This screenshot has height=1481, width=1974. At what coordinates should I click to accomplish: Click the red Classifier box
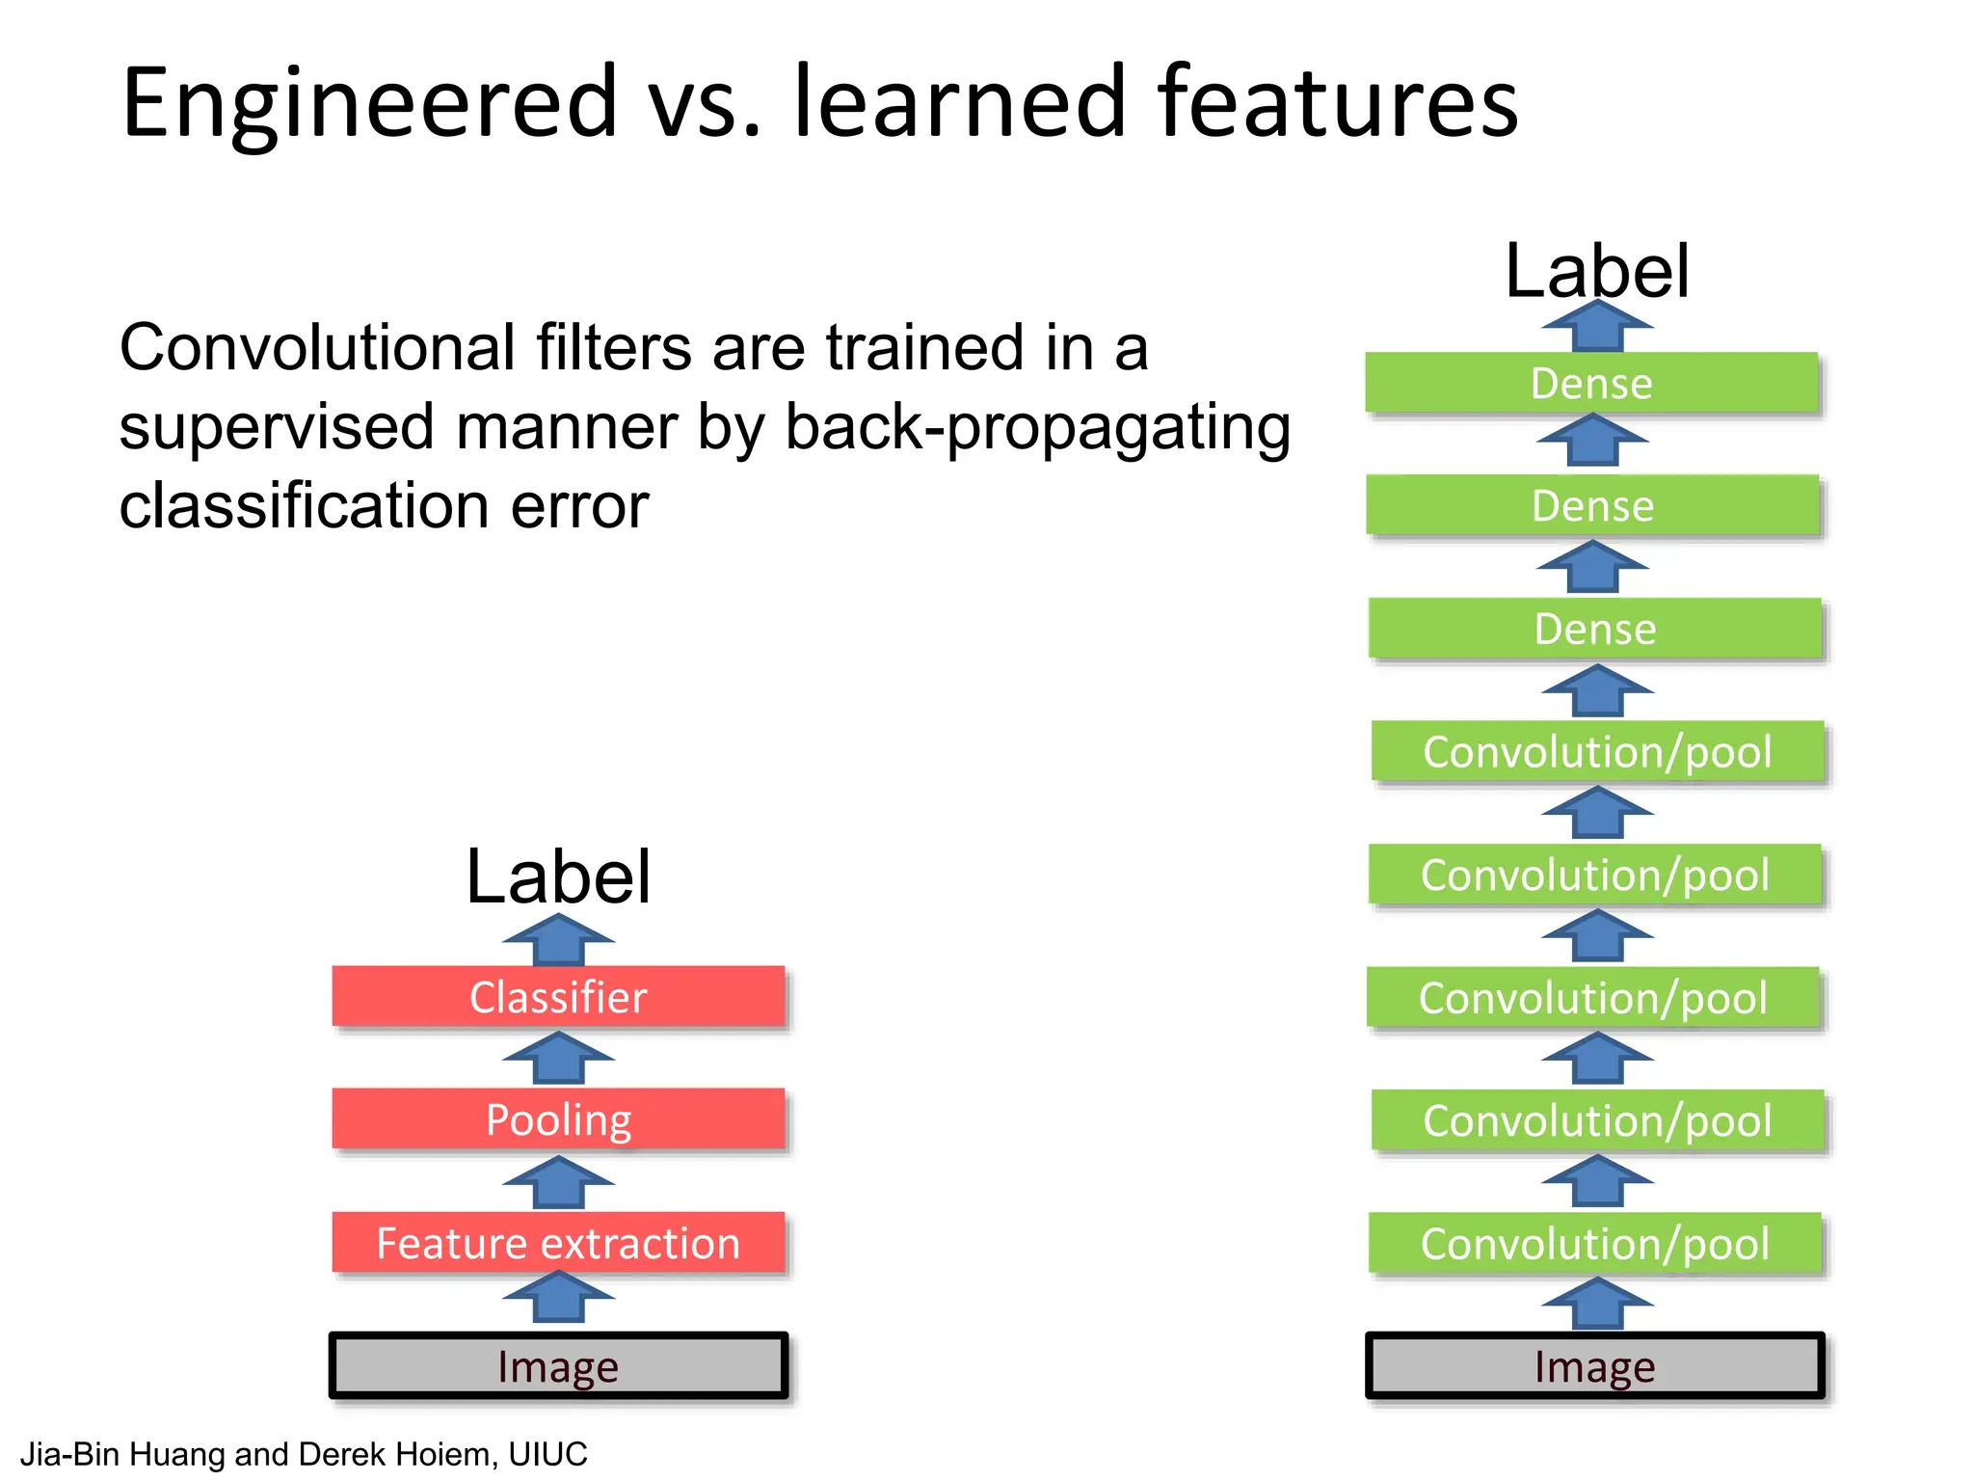click(558, 996)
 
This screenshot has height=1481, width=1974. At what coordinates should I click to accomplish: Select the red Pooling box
click(558, 1118)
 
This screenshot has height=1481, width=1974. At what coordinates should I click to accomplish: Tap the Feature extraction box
click(558, 1242)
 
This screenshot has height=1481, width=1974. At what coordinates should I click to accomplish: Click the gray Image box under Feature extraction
click(558, 1365)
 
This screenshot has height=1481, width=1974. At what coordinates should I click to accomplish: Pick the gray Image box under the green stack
click(1595, 1365)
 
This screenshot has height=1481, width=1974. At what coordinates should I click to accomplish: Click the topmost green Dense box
click(1591, 383)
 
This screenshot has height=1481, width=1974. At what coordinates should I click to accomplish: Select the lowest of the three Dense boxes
click(1595, 629)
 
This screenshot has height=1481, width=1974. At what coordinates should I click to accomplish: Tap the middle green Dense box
click(1592, 505)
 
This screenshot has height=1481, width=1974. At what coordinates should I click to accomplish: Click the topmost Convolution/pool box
click(1597, 751)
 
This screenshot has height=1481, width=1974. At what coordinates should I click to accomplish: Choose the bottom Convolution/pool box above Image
click(1595, 1243)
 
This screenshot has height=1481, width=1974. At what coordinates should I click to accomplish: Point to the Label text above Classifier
click(558, 876)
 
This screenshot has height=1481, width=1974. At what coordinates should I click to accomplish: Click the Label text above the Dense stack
click(1597, 271)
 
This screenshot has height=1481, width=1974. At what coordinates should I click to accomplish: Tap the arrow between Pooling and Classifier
click(558, 1058)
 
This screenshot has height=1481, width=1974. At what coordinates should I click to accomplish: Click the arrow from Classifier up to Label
click(558, 940)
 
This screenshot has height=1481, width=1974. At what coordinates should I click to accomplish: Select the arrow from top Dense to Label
click(1597, 326)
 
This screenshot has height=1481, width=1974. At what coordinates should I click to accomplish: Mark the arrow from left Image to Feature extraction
click(558, 1297)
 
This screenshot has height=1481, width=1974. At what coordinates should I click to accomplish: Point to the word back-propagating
click(1037, 427)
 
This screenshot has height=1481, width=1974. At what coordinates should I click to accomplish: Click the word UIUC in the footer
click(547, 1453)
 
